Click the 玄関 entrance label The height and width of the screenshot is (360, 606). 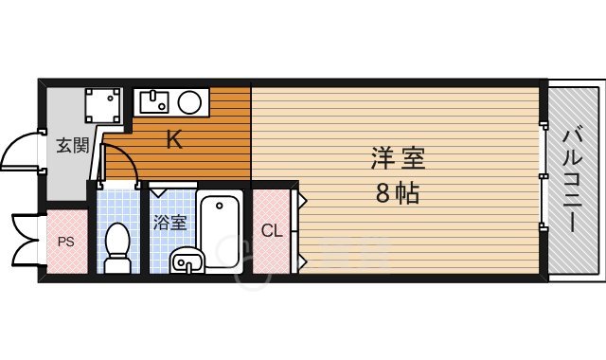[x=71, y=146]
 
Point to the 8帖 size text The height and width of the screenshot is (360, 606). [x=396, y=195]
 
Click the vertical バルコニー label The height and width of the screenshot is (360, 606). [x=574, y=180]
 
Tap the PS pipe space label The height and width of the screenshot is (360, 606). [x=65, y=241]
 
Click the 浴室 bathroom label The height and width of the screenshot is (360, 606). [x=170, y=224]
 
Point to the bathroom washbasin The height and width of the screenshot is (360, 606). [x=187, y=260]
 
